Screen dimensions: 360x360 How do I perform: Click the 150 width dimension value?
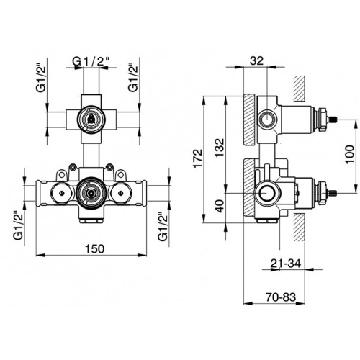tap(95, 248)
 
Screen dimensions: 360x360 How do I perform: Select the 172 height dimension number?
tap(199, 158)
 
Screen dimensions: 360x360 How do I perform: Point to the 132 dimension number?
tap(219, 148)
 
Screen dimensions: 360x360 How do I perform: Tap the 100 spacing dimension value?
tap(350, 154)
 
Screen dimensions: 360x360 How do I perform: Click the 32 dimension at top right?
tap(256, 61)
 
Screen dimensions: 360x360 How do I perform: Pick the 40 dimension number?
tap(220, 206)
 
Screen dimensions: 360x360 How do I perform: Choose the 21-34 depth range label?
tap(286, 264)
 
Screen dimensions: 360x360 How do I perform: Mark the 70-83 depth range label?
tap(281, 297)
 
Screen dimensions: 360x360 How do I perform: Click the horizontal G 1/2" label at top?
tap(91, 62)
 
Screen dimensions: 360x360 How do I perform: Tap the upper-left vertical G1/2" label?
tap(41, 78)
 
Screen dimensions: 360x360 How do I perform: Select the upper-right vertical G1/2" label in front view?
tap(133, 78)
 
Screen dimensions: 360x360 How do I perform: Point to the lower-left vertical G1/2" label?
tap(19, 225)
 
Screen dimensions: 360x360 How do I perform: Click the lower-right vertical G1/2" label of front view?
tap(163, 226)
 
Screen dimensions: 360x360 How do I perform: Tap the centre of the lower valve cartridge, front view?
tap(91, 193)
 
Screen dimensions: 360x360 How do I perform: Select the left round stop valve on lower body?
tap(61, 193)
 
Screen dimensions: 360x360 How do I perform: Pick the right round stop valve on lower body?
tap(122, 193)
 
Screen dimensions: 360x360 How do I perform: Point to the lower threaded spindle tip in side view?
tap(334, 192)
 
